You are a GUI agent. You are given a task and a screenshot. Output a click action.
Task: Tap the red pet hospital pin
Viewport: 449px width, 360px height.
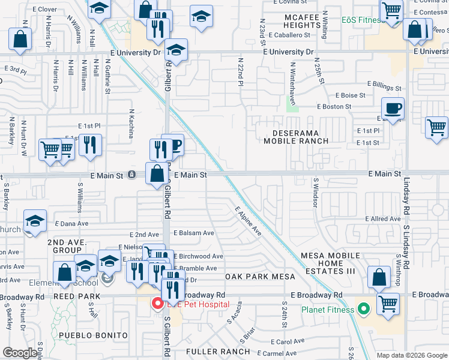click(158, 304)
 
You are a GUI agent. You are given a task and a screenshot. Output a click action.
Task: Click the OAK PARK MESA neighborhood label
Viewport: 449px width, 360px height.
click(261, 277)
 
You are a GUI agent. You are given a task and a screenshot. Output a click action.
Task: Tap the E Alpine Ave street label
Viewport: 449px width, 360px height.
click(248, 220)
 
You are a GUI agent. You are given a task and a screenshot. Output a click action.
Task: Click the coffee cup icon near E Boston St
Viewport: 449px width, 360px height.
click(393, 109)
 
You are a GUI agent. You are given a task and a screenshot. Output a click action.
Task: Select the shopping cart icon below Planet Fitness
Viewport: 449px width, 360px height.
click(388, 304)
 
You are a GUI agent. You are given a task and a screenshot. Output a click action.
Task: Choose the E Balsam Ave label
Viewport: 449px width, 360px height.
click(194, 233)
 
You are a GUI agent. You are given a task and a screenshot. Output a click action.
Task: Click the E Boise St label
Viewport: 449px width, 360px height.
click(351, 95)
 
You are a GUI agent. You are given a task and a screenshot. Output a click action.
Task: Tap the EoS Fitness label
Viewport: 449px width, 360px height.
click(362, 20)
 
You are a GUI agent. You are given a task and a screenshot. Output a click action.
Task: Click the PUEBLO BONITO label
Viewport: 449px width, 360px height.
click(92, 335)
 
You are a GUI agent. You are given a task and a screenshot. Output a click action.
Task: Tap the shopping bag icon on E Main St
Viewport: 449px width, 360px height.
click(157, 173)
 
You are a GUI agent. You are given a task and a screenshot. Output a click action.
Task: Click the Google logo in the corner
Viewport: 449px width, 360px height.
click(20, 353)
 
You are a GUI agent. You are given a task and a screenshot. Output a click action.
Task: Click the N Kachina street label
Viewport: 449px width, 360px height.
click(131, 124)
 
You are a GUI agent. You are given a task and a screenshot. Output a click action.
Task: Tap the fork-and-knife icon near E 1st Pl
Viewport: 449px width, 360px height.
click(90, 145)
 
